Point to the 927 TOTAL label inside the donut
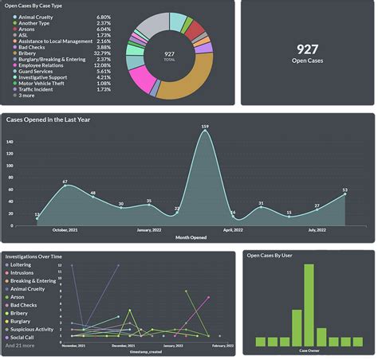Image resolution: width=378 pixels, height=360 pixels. tap(169, 55)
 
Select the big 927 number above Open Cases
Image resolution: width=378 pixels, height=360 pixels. tap(307, 49)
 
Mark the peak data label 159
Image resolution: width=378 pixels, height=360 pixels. tap(205, 127)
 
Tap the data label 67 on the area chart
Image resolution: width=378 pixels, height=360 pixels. tap(65, 182)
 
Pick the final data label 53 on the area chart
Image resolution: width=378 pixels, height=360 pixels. tap(345, 190)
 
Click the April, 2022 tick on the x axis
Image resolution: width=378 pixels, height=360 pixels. tap(233, 229)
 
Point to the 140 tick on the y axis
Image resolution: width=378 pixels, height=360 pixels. tap(10, 143)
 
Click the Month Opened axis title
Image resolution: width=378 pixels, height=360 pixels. tap(192, 237)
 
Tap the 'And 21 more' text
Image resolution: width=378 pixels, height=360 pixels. tap(22, 345)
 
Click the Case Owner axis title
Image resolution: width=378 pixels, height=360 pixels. tap(309, 350)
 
